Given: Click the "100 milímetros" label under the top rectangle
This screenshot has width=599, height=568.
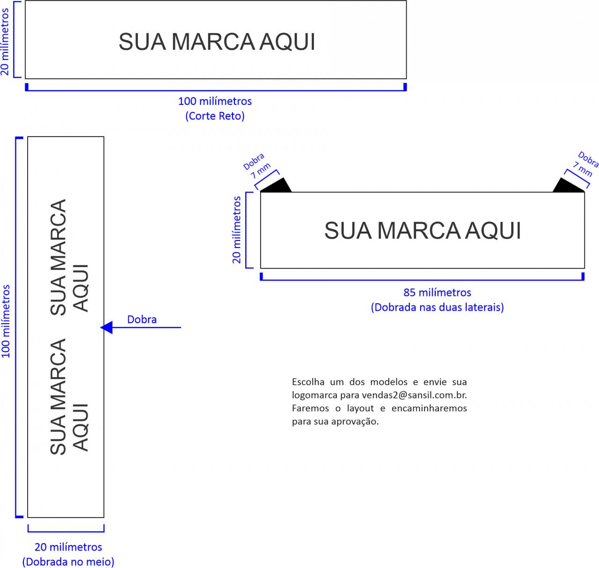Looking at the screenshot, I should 215,101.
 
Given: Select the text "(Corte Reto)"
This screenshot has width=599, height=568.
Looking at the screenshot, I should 215,116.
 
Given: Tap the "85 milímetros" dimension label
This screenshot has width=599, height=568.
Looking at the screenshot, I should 437,293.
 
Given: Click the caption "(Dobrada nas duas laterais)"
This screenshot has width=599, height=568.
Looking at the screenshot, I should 437,307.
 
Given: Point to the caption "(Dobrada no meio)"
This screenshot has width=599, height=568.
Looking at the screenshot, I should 68,561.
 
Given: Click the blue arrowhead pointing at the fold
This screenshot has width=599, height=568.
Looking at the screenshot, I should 107,328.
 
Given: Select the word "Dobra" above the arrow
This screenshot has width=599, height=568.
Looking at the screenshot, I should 142,320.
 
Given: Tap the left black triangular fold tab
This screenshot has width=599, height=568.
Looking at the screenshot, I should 278,186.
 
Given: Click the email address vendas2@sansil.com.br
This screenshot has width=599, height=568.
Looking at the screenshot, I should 414,395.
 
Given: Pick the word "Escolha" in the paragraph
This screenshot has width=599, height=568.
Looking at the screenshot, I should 308,382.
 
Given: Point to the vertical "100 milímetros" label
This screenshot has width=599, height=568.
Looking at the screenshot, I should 6,321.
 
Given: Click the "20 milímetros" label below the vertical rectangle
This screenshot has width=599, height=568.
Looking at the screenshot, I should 68,547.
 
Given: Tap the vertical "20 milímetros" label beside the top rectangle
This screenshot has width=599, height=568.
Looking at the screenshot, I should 5,41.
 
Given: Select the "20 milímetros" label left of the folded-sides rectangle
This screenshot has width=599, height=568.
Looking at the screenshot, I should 237,230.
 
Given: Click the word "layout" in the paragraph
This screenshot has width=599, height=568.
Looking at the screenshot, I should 360,408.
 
